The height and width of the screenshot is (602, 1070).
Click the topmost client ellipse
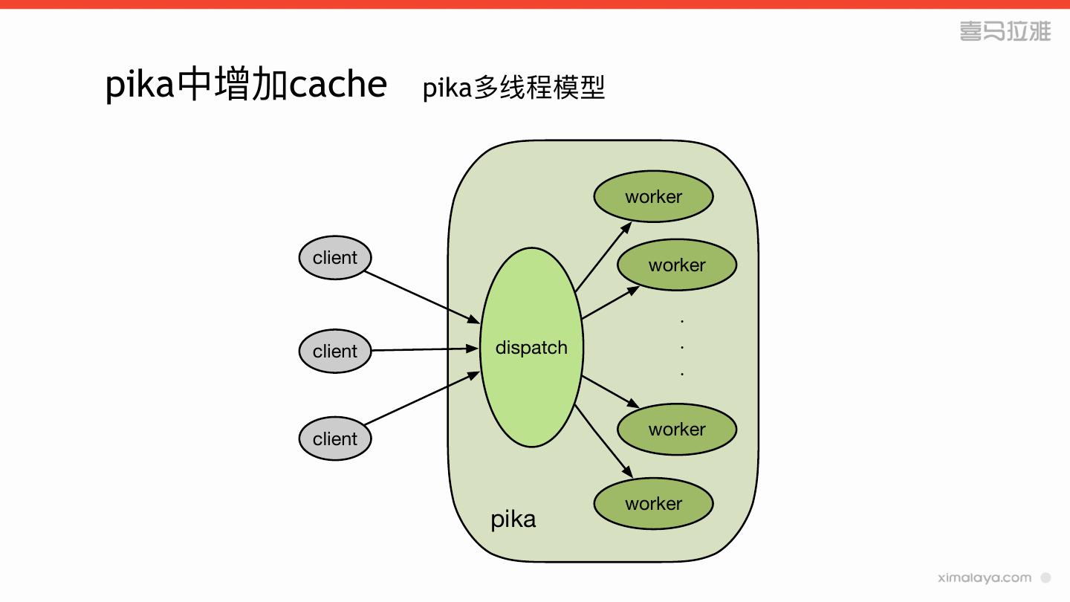pos(334,258)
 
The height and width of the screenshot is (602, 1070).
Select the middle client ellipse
pos(334,351)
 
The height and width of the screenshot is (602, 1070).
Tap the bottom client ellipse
pos(334,438)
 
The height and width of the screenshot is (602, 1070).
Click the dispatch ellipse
pos(531,347)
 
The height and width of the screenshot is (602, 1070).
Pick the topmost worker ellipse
pos(653,196)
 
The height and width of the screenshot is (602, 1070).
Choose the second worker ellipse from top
pos(676,265)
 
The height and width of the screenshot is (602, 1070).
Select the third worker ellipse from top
pos(676,429)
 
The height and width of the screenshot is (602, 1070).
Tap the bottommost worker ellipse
pos(653,503)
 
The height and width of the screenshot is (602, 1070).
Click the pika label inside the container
pos(513,519)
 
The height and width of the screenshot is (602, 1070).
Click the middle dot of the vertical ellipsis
pos(682,347)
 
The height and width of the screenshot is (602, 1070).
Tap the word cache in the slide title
pos(338,85)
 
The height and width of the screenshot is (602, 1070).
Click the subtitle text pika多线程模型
pos(513,88)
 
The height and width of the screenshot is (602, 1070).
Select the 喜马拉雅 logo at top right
pos(1005,31)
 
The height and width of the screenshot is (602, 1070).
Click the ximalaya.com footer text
pos(985,577)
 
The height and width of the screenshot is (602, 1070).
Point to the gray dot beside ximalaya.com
pos(1046,577)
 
